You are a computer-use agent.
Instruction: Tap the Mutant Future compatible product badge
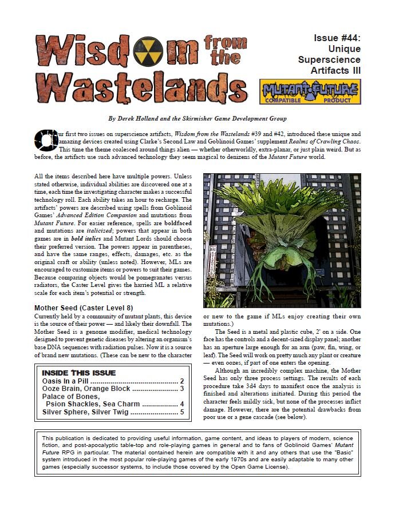[310, 91]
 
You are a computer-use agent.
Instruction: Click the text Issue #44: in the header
[337, 38]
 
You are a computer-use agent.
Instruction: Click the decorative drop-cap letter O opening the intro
[45, 138]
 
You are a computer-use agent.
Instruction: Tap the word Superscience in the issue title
[329, 59]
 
